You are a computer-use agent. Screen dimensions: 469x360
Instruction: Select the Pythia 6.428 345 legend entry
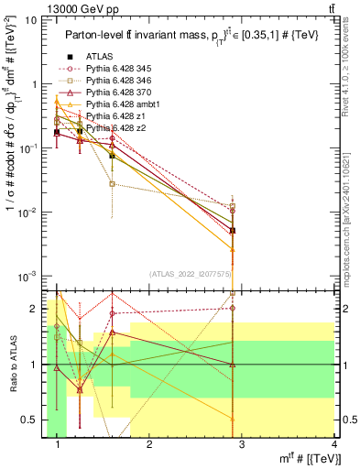(115, 69)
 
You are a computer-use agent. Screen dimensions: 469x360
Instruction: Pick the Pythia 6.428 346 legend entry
(115, 81)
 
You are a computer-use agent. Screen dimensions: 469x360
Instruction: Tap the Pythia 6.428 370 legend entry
(115, 93)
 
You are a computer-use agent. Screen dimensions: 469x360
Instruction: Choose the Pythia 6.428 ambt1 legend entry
(117, 104)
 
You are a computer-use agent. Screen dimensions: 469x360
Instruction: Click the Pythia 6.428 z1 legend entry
(111, 116)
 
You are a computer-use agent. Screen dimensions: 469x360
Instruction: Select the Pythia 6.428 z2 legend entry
(111, 128)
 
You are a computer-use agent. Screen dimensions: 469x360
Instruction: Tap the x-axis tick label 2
(150, 444)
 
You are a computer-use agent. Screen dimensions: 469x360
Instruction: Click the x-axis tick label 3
(243, 444)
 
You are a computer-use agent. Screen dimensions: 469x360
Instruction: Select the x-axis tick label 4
(334, 444)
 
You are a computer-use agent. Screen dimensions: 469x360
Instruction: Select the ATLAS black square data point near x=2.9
(233, 231)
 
